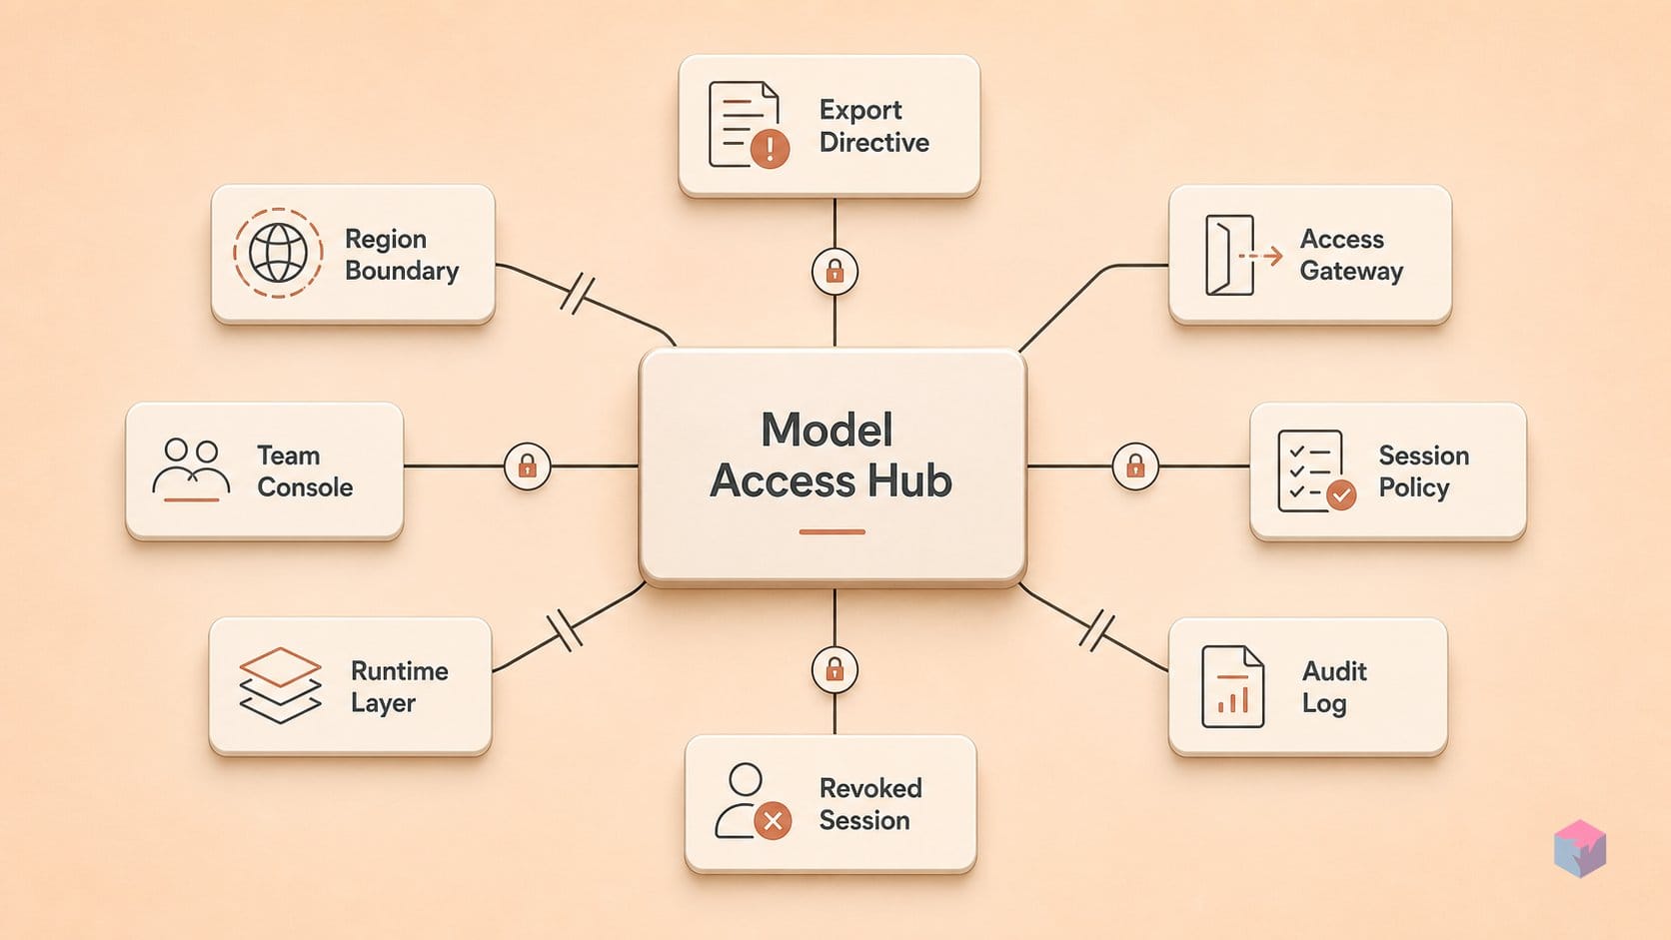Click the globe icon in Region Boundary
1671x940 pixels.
point(278,253)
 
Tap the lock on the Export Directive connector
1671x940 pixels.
point(835,272)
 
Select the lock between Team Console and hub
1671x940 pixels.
point(528,467)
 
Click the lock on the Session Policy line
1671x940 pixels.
point(1135,467)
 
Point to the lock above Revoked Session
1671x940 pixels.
point(835,670)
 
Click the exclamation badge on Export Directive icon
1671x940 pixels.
point(770,148)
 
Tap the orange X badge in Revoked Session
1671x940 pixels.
point(773,821)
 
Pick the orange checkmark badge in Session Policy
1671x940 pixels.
point(1341,494)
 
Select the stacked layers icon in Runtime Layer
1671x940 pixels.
point(280,685)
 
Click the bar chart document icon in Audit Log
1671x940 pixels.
point(1232,686)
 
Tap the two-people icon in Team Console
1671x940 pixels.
point(191,470)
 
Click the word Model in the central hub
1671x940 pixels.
point(827,430)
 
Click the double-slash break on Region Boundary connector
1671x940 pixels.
point(578,294)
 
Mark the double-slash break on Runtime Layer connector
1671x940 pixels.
point(565,630)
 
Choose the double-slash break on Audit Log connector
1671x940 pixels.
point(1097,630)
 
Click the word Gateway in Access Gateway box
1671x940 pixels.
point(1351,271)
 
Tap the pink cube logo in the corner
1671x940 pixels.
point(1580,848)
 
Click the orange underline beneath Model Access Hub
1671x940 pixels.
point(832,532)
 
